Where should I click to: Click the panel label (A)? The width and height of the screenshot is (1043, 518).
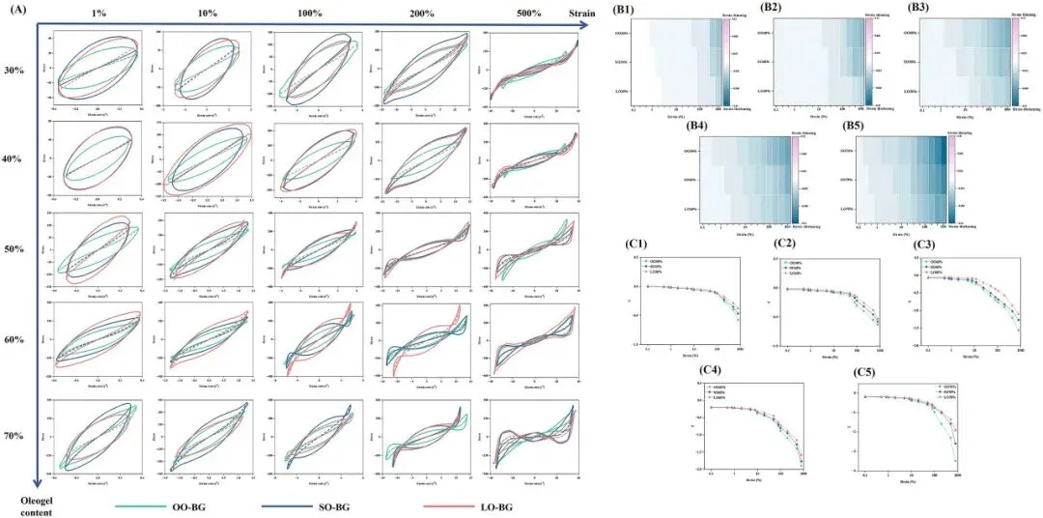click(14, 13)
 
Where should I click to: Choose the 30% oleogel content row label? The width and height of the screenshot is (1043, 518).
click(14, 71)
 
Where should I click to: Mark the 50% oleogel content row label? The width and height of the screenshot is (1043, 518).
click(14, 249)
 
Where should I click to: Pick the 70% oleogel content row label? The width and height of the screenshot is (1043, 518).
click(14, 436)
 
